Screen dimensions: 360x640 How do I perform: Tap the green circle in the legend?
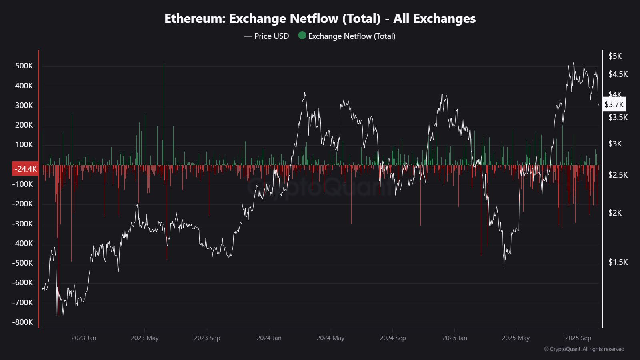[302, 36]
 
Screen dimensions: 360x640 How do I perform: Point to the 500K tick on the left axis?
[24, 66]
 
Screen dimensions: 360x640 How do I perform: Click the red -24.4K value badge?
[26, 169]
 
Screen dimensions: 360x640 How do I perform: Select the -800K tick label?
[22, 322]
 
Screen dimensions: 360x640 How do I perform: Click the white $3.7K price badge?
[614, 104]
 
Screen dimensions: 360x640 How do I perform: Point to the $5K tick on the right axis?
[615, 56]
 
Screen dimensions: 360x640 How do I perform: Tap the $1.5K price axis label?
[618, 262]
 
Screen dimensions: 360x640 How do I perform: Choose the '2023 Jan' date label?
[84, 338]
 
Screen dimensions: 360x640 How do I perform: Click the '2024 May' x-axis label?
[330, 338]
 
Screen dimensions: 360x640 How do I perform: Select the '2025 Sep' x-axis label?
[578, 338]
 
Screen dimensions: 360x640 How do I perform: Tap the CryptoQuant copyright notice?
[584, 349]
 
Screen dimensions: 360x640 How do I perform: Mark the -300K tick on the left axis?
[22, 224]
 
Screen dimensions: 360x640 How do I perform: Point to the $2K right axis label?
[615, 213]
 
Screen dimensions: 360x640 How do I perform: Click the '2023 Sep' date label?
[207, 338]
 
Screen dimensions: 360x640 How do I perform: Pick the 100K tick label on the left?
[24, 144]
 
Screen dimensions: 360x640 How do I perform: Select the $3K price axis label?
[615, 144]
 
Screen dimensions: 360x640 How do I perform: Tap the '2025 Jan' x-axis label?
[454, 338]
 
